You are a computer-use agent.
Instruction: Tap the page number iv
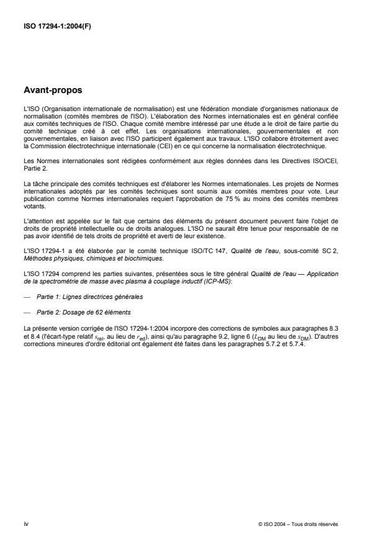click(x=25, y=524)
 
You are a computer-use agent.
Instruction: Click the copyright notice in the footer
click(x=297, y=524)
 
